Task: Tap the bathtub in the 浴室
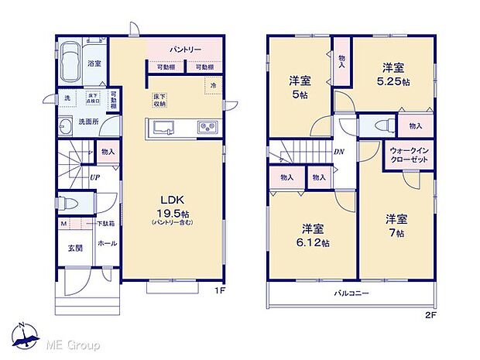pyautogui.click(x=70, y=63)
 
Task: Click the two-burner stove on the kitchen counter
pyautogui.click(x=207, y=128)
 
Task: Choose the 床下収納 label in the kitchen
pyautogui.click(x=159, y=100)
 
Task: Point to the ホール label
pyautogui.click(x=107, y=243)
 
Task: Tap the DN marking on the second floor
pyautogui.click(x=338, y=153)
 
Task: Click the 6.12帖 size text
pyautogui.click(x=314, y=242)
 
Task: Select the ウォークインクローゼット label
pyautogui.click(x=412, y=155)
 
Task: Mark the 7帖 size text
pyautogui.click(x=397, y=233)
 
